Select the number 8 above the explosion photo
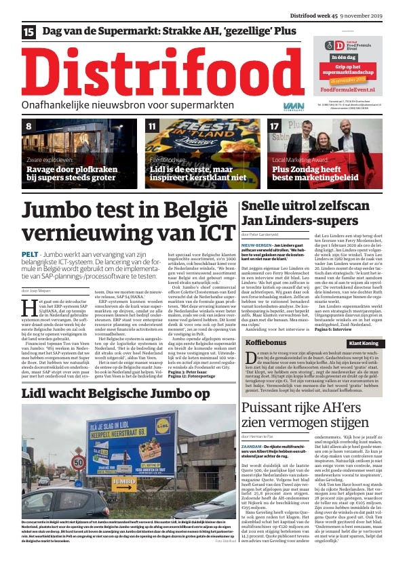(x=28, y=126)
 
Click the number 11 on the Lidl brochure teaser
(x=153, y=126)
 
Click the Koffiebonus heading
(x=267, y=344)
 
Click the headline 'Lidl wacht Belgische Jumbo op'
(x=116, y=392)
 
